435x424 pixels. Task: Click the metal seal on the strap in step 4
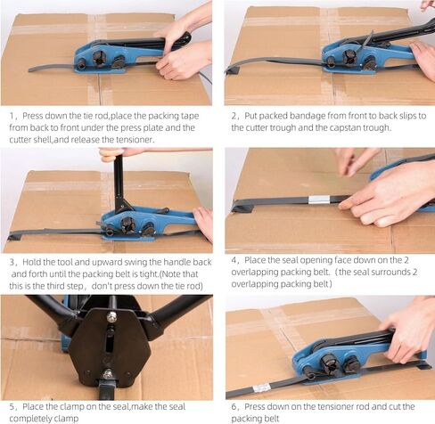point(319,200)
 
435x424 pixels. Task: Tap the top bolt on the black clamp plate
point(111,316)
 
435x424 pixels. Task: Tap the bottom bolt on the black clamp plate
point(108,373)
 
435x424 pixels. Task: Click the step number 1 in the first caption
point(12,116)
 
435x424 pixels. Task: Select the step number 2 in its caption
point(234,116)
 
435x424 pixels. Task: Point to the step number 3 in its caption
point(12,262)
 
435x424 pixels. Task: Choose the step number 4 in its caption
point(234,260)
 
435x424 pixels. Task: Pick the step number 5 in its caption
point(12,406)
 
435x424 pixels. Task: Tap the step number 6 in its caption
point(234,406)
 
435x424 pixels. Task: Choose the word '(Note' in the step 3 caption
point(169,274)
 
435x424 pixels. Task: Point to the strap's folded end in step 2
point(233,70)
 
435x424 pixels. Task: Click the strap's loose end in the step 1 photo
point(33,69)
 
